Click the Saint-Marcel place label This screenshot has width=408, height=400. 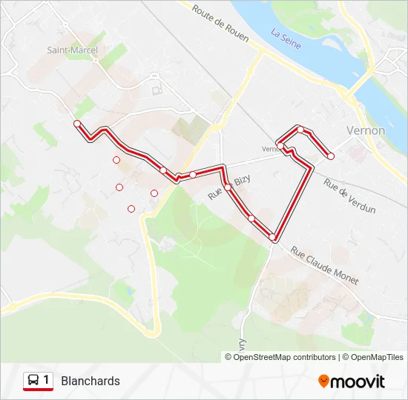(73, 50)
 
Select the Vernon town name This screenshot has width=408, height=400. (366, 130)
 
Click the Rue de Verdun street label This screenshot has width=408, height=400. (349, 198)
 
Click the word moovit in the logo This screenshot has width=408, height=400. (358, 381)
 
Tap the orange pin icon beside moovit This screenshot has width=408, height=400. (323, 381)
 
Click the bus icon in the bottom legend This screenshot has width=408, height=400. (33, 381)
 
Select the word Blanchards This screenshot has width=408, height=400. (91, 381)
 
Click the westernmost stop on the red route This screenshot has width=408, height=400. (77, 124)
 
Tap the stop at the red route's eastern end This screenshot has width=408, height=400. (331, 156)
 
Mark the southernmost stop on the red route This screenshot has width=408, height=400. (272, 237)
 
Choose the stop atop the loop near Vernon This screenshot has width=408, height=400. (300, 130)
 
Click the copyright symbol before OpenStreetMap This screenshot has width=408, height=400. (228, 357)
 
